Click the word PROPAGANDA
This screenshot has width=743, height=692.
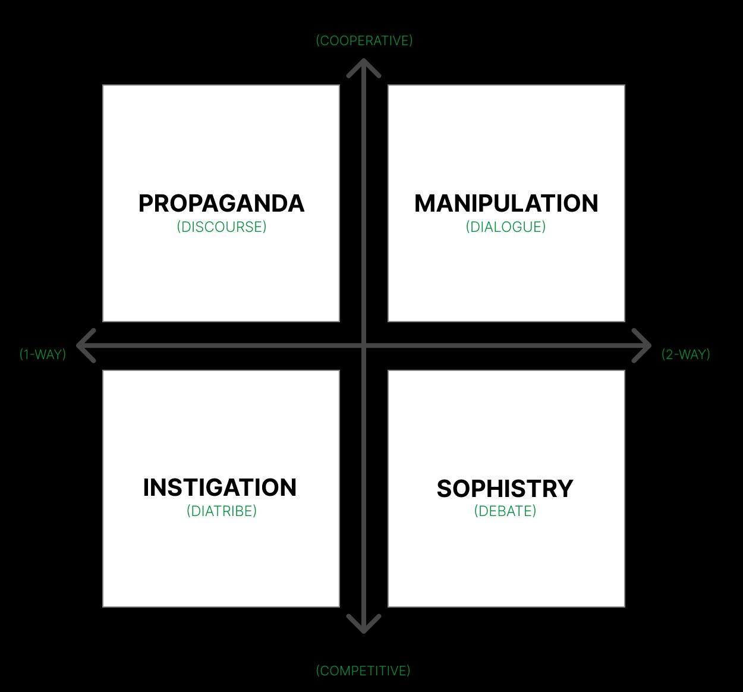click(221, 203)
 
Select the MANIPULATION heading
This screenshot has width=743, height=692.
click(506, 203)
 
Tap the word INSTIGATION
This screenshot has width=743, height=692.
click(219, 487)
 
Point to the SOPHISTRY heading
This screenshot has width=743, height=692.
click(505, 489)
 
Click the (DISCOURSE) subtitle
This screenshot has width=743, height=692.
click(221, 227)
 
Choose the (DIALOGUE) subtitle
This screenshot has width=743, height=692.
click(506, 227)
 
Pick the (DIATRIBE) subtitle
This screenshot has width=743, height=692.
click(221, 511)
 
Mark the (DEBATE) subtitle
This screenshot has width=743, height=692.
click(505, 511)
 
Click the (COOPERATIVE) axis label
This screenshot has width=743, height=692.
click(364, 40)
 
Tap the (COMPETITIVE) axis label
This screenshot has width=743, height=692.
click(363, 671)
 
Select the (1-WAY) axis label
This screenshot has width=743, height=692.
click(43, 354)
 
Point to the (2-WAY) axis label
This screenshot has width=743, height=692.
click(686, 354)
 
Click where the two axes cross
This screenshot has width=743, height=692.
click(364, 345)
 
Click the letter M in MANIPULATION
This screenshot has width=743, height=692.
click(425, 203)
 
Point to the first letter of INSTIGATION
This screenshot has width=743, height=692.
click(146, 487)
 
